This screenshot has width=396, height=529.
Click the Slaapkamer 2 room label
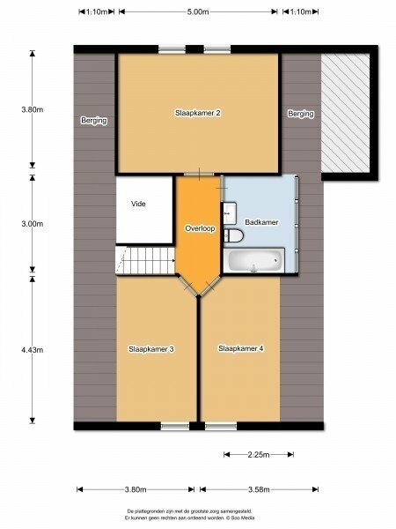tap(198, 113)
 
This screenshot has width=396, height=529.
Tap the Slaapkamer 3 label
tap(151, 349)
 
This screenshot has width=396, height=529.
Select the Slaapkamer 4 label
tap(241, 348)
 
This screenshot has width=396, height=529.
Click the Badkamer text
tap(261, 222)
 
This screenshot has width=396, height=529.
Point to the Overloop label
tap(200, 228)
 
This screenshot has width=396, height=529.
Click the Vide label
tap(138, 204)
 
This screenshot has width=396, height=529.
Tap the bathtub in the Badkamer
tap(254, 260)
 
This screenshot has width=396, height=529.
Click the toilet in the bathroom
tap(233, 235)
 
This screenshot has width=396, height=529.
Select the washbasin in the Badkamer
tap(230, 212)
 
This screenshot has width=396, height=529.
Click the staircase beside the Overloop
tap(146, 260)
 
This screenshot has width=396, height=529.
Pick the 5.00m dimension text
tap(198, 11)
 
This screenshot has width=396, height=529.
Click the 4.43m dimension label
tap(33, 350)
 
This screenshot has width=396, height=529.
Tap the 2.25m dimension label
tap(259, 455)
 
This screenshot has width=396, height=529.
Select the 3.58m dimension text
tap(259, 489)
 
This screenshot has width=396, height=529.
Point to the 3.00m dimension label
tap(33, 224)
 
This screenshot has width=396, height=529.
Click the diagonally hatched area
tap(346, 113)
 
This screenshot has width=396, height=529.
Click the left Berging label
tap(94, 121)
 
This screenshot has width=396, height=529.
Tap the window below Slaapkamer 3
tap(175, 426)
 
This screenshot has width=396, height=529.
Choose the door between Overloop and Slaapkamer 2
tap(199, 175)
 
